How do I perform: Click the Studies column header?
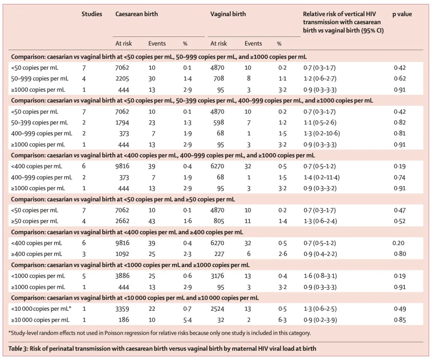click(92, 14)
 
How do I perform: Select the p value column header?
click(402, 14)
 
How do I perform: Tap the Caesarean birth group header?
click(136, 14)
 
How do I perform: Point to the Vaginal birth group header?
click(228, 14)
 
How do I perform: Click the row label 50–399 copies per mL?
click(39, 122)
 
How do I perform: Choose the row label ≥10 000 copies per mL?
click(40, 320)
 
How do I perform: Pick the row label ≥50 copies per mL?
click(34, 221)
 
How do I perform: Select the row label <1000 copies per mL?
click(38, 276)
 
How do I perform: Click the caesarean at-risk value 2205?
click(122, 79)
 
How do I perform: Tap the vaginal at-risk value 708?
click(218, 79)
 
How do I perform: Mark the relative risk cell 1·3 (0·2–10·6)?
click(322, 134)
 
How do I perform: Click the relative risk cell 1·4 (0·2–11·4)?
click(322, 177)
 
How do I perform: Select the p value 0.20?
click(398, 243)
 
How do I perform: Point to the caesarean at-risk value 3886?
click(122, 276)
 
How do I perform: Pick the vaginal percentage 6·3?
click(282, 320)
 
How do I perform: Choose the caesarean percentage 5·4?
click(187, 320)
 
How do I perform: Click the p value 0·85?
click(400, 320)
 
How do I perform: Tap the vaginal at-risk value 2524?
click(217, 309)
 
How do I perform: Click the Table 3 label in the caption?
click(18, 349)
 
